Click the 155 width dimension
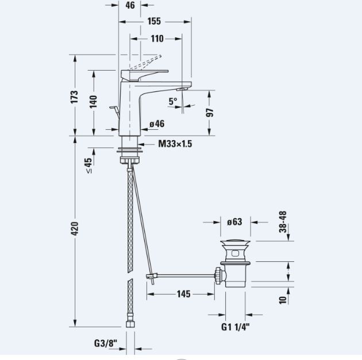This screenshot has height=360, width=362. (x=154, y=21)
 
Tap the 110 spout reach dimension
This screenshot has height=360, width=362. (x=157, y=38)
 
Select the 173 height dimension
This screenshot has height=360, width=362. (x=74, y=97)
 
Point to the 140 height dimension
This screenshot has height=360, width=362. (x=93, y=102)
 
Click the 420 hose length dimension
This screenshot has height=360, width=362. (x=75, y=229)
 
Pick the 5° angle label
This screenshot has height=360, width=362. (x=173, y=101)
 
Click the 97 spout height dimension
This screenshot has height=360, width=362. (x=210, y=113)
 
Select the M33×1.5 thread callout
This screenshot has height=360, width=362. (x=175, y=144)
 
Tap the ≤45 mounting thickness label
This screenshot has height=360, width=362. (x=88, y=165)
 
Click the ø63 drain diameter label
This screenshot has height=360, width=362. (x=234, y=222)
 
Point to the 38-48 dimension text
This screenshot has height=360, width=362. (x=283, y=222)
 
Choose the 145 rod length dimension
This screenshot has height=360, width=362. (x=183, y=294)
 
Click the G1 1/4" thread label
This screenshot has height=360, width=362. (x=236, y=327)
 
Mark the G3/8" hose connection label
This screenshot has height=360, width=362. (x=106, y=343)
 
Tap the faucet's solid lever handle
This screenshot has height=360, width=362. (x=144, y=75)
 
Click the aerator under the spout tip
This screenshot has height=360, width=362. (x=182, y=89)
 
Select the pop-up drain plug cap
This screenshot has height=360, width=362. (x=235, y=243)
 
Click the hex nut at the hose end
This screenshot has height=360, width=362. (x=130, y=324)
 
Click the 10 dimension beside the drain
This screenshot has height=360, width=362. (x=283, y=300)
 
